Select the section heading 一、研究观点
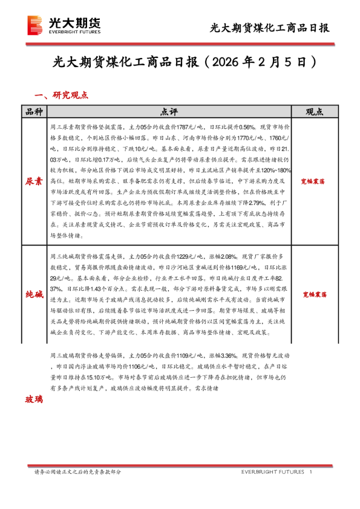62,95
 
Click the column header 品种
33,112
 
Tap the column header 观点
313,112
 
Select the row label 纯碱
33,294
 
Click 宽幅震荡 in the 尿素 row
313,181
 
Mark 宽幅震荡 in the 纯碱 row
313,294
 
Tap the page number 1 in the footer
310,472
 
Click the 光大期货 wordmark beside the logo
74,23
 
